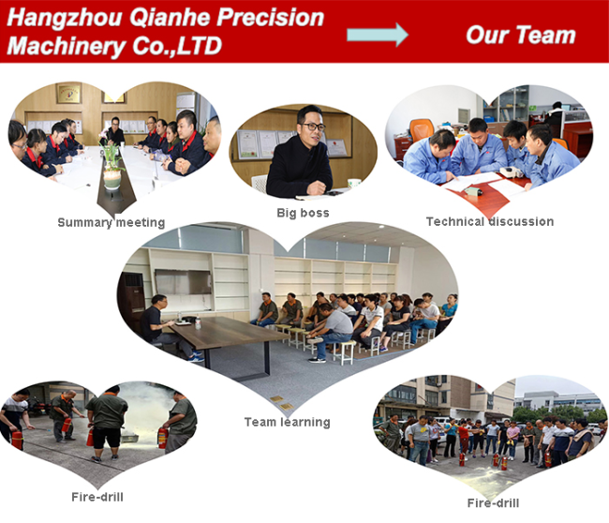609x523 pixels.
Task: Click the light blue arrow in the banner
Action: coord(378,35)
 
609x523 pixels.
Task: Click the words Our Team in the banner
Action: coord(520,35)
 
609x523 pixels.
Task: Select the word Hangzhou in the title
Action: coord(65,18)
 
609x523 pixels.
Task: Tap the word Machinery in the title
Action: coord(66,46)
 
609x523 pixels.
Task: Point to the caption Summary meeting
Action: coord(111,223)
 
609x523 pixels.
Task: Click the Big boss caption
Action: coord(303,213)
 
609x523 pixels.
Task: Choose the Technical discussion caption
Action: coord(490,221)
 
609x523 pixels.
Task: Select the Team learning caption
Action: coord(287,422)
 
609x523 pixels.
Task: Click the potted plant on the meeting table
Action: coord(111,167)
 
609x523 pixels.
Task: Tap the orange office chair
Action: coord(422,128)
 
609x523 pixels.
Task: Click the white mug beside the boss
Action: coord(354,183)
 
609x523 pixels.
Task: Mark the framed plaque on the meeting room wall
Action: coord(68,94)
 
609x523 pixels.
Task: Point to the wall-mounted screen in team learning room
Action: coord(183,282)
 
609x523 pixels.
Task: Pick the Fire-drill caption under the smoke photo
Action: coord(97,497)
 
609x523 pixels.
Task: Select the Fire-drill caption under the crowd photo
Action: coord(493,503)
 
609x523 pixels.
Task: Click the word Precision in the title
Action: coord(270,18)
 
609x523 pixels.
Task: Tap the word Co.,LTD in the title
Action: coord(177,46)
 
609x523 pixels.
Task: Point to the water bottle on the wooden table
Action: coord(198,323)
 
